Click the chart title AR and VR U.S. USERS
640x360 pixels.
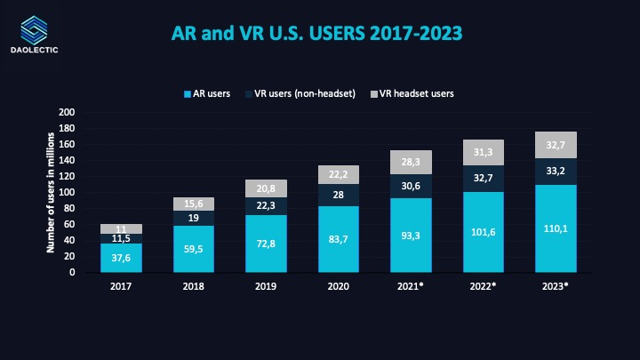point(316,33)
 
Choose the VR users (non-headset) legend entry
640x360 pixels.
point(305,93)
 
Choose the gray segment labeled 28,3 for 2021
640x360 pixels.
point(411,162)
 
